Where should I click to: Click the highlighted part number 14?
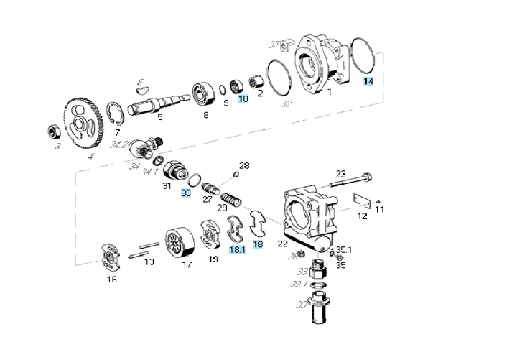pos(368,81)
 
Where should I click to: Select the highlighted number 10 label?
pos(243,98)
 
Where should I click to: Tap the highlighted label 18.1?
pos(237,249)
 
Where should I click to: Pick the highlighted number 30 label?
pos(186,193)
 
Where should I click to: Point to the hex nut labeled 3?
pos(52,131)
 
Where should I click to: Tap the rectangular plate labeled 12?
pos(362,203)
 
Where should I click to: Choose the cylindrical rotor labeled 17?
pos(180,245)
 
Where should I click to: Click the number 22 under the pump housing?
pos(283,243)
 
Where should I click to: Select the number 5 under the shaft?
pos(159,116)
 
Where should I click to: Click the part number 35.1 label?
pos(344,249)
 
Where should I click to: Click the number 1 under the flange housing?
pos(329,92)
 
